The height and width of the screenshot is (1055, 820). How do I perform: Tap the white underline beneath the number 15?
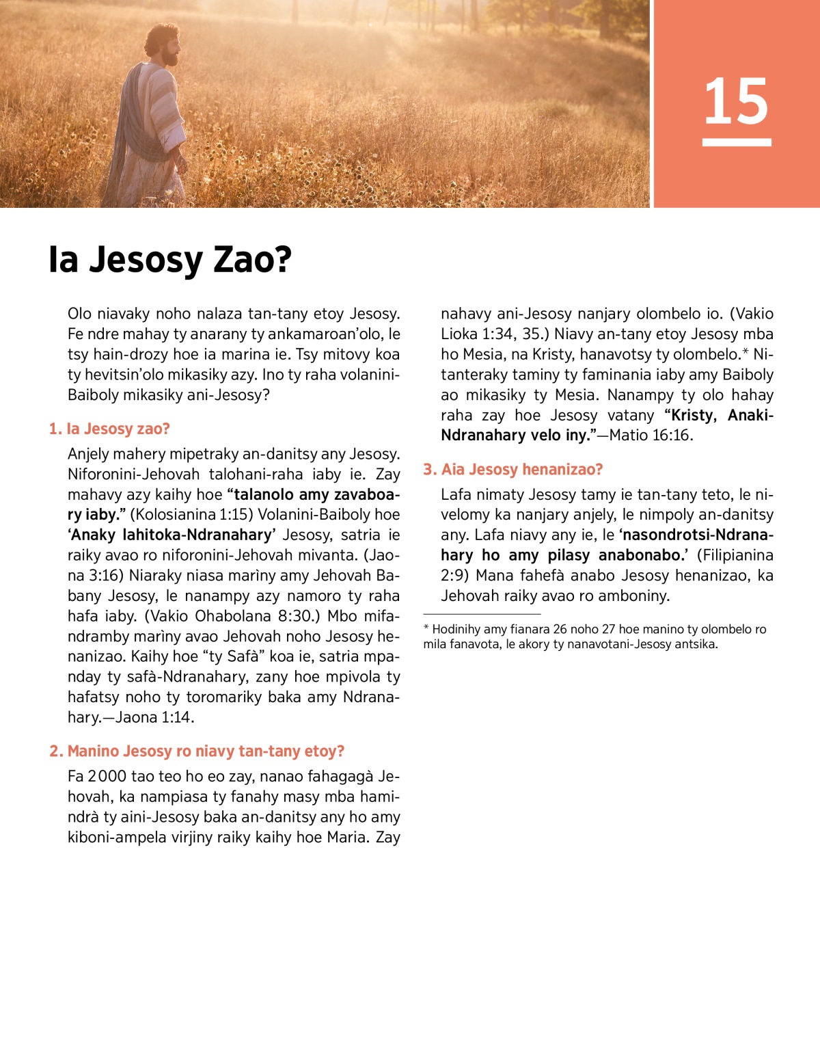click(x=736, y=142)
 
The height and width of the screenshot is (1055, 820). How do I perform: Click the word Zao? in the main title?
click(x=253, y=260)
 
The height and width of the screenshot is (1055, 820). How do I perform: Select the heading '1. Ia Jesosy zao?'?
click(x=109, y=429)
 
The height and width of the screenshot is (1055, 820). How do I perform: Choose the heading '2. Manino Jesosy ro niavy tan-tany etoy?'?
click(x=197, y=751)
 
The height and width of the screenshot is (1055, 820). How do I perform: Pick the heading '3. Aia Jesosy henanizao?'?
click(x=513, y=469)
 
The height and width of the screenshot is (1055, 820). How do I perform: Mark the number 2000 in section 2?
click(x=107, y=777)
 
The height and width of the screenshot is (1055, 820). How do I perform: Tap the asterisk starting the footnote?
click(x=426, y=628)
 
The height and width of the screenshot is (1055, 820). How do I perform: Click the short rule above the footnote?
click(x=482, y=614)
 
